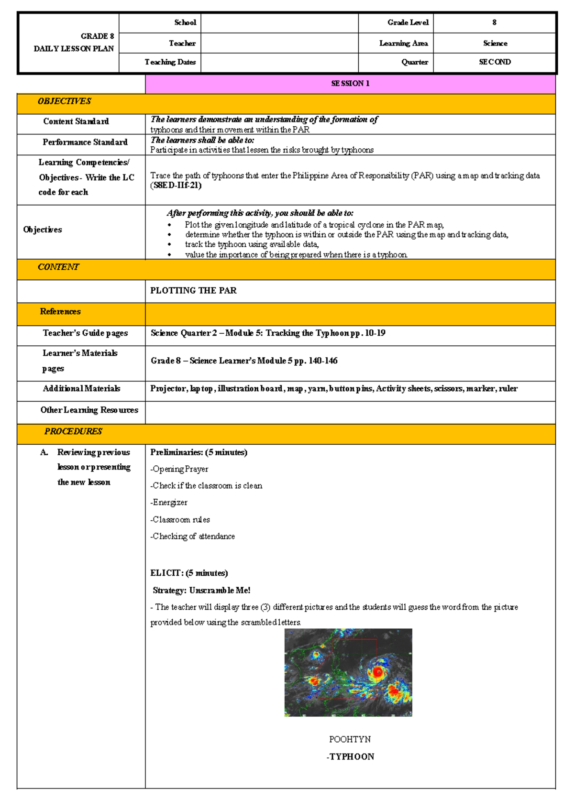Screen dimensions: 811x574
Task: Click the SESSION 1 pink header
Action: click(350, 84)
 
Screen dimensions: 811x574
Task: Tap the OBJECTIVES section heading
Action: click(64, 101)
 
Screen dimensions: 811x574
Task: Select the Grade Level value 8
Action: click(494, 22)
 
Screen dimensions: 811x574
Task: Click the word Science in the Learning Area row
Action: click(495, 44)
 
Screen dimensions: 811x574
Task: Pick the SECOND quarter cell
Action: click(495, 62)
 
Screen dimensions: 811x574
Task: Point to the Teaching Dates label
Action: click(170, 62)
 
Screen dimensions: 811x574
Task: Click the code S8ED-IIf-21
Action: click(176, 186)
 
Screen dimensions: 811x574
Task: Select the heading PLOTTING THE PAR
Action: click(193, 291)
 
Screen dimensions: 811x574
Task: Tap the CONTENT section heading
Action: click(58, 267)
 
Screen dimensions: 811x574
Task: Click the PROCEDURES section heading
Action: click(73, 431)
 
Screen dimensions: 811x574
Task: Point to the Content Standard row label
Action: click(76, 121)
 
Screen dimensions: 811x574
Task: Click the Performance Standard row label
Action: click(85, 142)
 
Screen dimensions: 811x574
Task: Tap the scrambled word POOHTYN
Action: click(350, 739)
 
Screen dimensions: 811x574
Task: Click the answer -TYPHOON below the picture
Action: click(350, 756)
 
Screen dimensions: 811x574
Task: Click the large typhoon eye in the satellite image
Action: click(377, 672)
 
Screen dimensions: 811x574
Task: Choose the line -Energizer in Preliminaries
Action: click(169, 503)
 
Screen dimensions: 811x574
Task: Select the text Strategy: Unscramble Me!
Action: click(201, 591)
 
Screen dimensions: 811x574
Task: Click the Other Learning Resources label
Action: click(89, 410)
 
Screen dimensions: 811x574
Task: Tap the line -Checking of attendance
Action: click(193, 537)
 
